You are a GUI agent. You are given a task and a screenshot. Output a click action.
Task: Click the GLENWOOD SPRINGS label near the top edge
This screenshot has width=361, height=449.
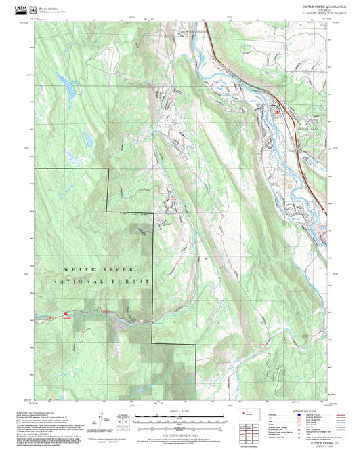point(192,32)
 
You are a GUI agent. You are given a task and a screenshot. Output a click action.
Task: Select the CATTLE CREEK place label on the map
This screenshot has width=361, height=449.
point(308,127)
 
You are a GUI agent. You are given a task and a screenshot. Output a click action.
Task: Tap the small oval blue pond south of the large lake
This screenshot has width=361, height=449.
point(87,139)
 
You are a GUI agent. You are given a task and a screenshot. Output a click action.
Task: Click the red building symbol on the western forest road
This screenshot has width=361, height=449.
point(66,313)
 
